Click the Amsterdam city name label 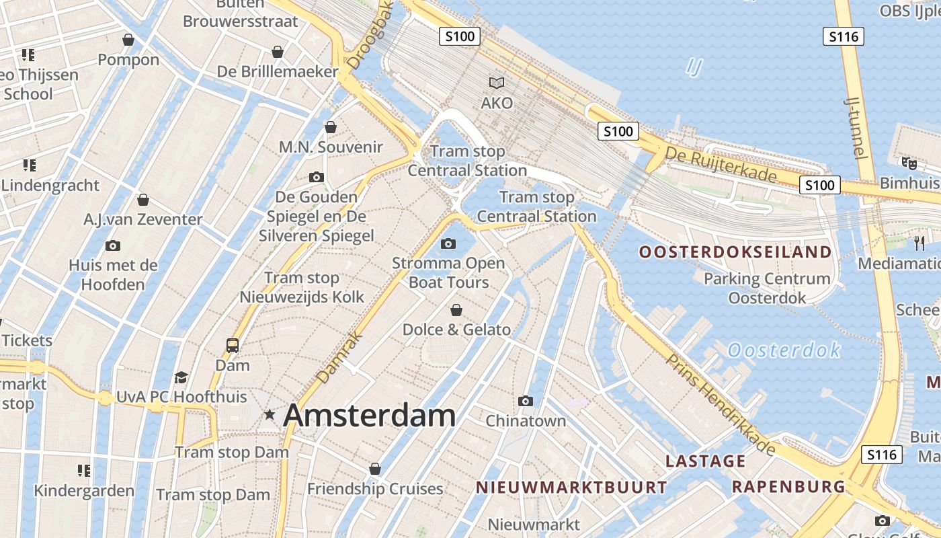tap(370, 415)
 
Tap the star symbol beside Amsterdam tap(270, 415)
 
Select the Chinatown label tap(526, 421)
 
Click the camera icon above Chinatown tap(526, 401)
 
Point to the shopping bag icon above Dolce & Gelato tap(456, 310)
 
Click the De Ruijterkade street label tap(720, 165)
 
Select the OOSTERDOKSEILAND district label tap(735, 252)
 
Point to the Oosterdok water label tap(784, 350)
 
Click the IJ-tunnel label tap(854, 127)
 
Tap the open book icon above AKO tap(497, 83)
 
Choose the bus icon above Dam tap(233, 346)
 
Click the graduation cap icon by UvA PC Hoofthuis tap(181, 377)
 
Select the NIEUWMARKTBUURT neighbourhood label tap(572, 488)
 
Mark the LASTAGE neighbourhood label tap(705, 461)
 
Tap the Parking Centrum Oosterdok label tap(767, 288)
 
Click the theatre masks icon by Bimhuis tap(909, 163)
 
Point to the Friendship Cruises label tap(375, 489)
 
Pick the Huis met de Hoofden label tap(113, 275)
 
